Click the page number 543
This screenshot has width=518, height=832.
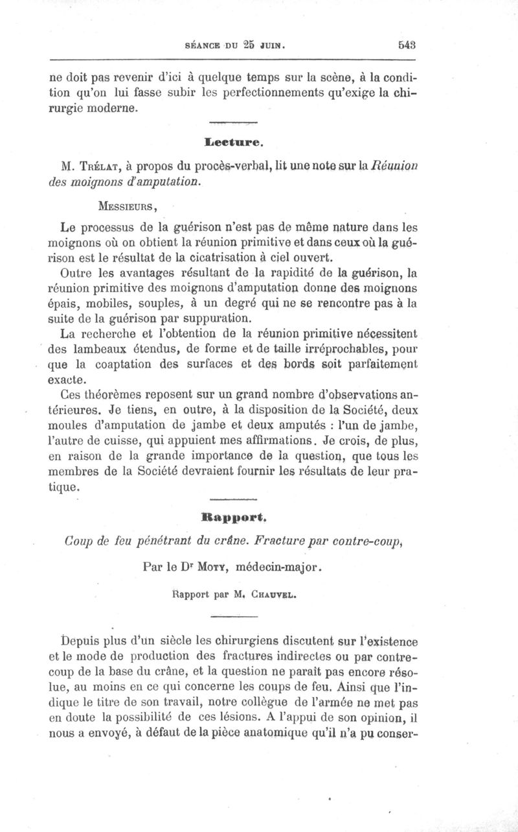pos(407,45)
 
